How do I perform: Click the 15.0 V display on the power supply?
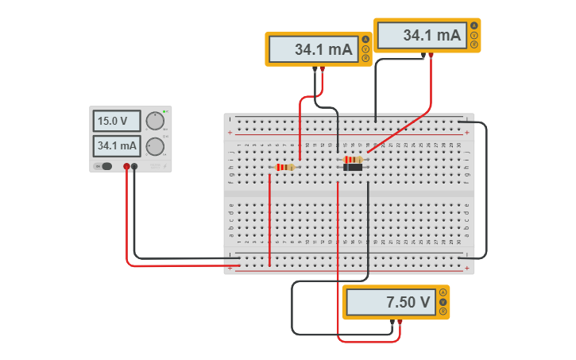[x=117, y=121]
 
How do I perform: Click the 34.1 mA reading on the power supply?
[x=117, y=146]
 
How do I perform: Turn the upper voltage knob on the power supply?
[x=154, y=120]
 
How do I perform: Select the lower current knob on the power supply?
[x=156, y=146]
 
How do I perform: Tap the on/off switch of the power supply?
[x=104, y=166]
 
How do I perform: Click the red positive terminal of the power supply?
[x=126, y=166]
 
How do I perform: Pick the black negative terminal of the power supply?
[x=134, y=166]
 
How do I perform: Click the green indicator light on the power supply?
[x=164, y=111]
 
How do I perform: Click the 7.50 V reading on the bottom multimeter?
[x=389, y=302]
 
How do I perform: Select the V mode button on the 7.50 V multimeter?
[x=443, y=301]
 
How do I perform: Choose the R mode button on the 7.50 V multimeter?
[x=443, y=310]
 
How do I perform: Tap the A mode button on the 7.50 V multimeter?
[x=443, y=292]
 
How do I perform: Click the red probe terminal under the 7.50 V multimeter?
[x=400, y=321]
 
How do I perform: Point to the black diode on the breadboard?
[x=353, y=167]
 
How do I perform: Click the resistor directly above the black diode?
[x=353, y=160]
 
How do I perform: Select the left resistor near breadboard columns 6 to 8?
[x=284, y=167]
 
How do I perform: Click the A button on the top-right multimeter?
[x=474, y=26]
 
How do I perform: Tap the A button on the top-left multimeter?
[x=365, y=40]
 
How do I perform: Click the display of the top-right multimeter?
[x=421, y=36]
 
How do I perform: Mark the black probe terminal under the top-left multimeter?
[x=315, y=69]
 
